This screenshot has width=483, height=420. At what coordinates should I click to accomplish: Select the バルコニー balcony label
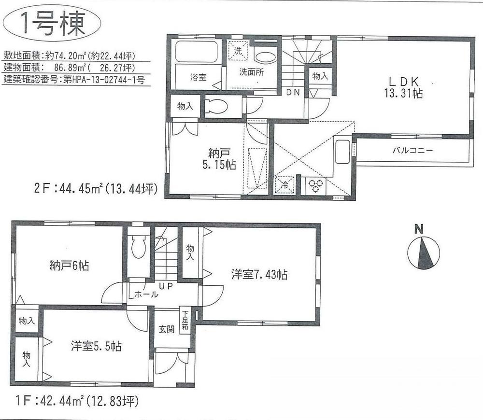(412, 151)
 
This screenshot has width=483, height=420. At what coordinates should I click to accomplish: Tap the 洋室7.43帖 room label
(259, 275)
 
